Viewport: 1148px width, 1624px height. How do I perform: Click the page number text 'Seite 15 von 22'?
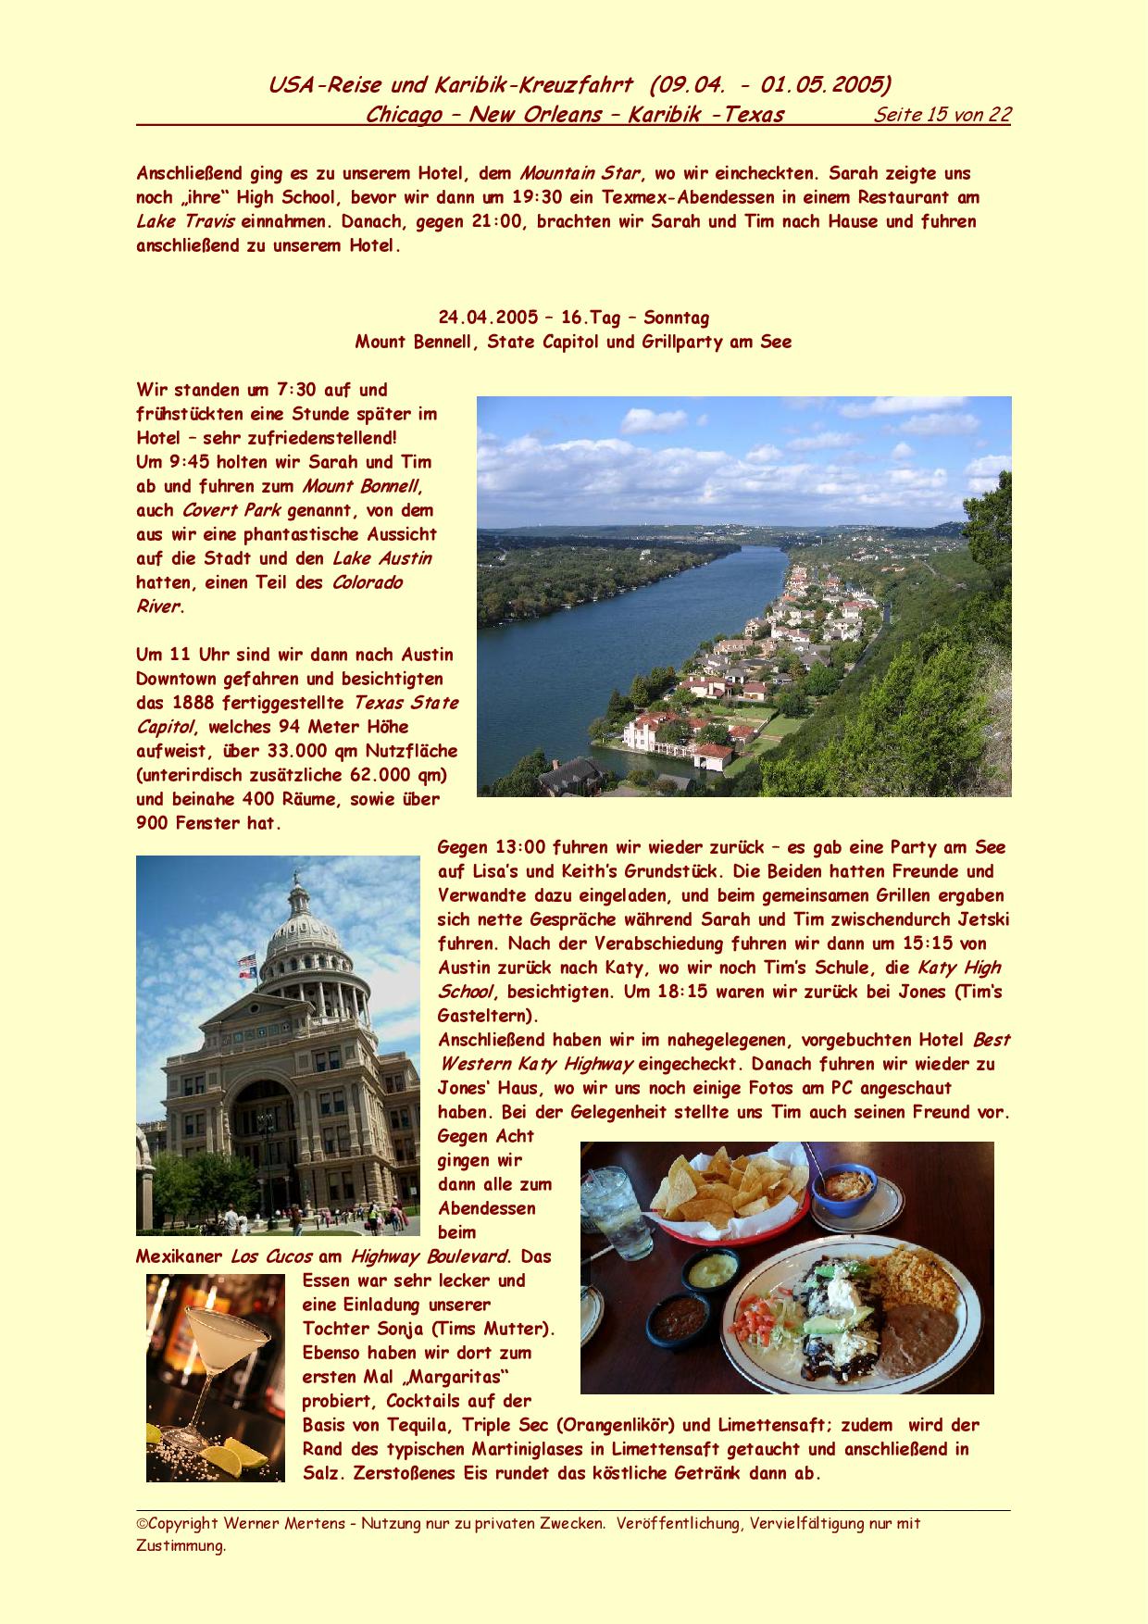pos(942,115)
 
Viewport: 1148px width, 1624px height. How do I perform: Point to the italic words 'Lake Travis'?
pos(185,221)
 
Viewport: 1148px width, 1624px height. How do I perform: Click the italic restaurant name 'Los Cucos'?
pos(271,1256)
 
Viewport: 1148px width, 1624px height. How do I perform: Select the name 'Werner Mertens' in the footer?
pos(304,1523)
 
